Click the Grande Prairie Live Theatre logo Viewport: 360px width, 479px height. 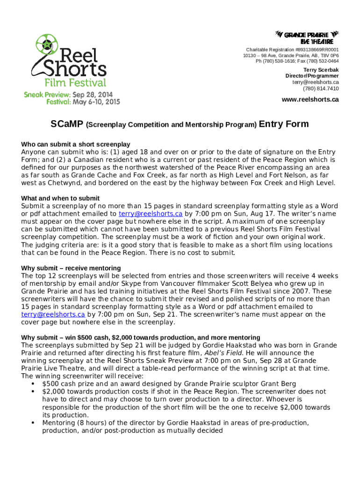point(306,37)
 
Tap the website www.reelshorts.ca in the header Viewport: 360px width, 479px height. point(310,100)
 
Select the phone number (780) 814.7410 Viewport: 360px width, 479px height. point(321,88)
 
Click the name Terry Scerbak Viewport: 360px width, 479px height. point(321,70)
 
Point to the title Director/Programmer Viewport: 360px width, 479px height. point(312,76)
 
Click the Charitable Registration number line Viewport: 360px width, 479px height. point(293,50)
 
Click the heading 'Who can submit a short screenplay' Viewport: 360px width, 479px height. point(76,144)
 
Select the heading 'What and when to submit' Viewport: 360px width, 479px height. point(60,198)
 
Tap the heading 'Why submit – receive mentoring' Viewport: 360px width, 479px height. point(71,268)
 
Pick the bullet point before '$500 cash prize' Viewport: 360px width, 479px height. point(32,384)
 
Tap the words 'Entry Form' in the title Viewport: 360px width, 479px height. point(284,124)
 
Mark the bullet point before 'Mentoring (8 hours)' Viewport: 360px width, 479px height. point(32,422)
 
